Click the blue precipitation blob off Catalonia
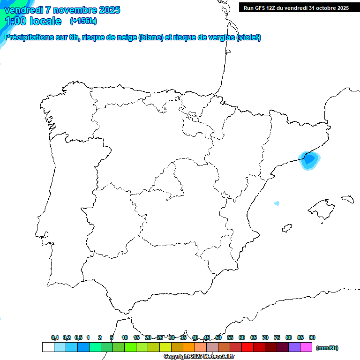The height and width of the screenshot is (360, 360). point(309,160)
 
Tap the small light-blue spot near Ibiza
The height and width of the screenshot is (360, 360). point(277,203)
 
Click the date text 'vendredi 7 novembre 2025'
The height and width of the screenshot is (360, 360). point(62,10)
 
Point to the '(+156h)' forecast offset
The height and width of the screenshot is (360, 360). point(83,21)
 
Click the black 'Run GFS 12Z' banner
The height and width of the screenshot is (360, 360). point(296,8)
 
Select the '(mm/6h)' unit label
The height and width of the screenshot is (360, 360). point(327,348)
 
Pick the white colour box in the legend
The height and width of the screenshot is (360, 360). point(48,347)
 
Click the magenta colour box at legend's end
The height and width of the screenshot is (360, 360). point(306,347)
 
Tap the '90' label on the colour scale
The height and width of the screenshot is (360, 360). point(312,338)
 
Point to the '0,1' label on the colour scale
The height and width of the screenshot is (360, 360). point(55,338)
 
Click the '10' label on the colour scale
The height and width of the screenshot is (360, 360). point(125,338)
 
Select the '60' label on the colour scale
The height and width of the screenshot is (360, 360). point(242,338)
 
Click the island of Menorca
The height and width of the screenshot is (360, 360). point(347,199)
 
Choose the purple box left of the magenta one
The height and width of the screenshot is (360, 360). point(294,347)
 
